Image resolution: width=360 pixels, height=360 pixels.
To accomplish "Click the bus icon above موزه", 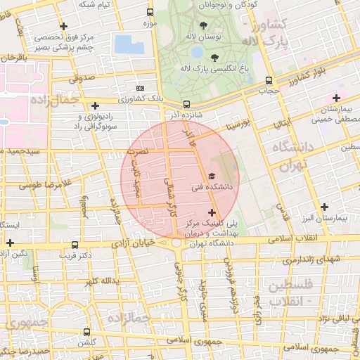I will [150, 13].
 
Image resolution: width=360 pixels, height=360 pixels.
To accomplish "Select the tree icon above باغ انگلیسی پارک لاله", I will [214, 58].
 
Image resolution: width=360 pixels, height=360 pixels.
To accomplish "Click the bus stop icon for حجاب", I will [270, 80].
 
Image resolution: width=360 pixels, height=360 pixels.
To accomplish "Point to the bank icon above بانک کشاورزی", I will [141, 89].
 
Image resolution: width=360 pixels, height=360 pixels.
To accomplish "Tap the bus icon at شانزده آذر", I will [186, 105].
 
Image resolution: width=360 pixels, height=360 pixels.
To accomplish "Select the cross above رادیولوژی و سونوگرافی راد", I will [95, 105].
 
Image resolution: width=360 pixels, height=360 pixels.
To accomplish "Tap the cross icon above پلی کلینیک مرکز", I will [212, 211].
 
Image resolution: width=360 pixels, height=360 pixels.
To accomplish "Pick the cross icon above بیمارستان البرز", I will [323, 207].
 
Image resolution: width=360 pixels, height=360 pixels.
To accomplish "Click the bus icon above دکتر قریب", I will [75, 245].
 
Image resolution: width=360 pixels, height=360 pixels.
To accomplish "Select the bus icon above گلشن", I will [87, 332].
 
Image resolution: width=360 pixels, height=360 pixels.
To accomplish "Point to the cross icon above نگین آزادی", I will [10, 243].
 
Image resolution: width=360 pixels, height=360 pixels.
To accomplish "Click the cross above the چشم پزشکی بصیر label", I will [63, 26].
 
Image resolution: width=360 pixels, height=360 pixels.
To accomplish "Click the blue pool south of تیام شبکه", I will [128, 44].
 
